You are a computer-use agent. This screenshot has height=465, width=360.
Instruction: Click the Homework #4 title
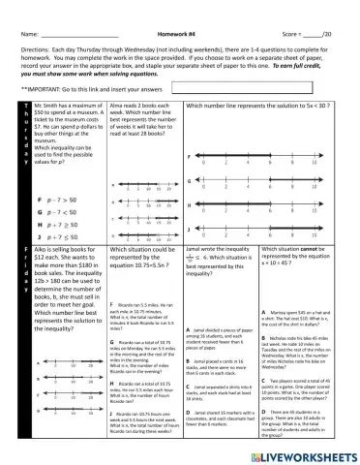coord(179,8)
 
